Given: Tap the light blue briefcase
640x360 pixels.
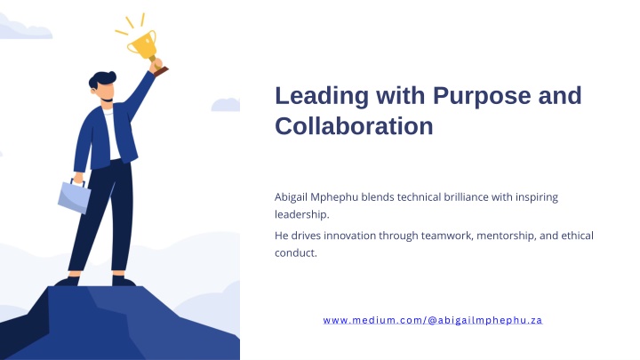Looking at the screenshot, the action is [x=74, y=196].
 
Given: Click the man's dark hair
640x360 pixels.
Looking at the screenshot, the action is [x=101, y=79].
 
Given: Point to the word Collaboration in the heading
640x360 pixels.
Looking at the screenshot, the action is [x=354, y=125].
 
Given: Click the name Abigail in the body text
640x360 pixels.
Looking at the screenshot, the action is [x=291, y=197].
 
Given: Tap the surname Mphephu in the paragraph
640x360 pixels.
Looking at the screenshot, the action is [x=334, y=197].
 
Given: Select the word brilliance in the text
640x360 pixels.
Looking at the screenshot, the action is [x=466, y=196].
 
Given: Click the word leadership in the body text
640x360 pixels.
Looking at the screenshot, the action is [x=301, y=215].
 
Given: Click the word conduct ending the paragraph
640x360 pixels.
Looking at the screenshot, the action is [x=295, y=253].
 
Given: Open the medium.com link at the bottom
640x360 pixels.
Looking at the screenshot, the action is [x=433, y=320].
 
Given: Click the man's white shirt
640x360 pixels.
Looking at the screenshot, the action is [x=111, y=134].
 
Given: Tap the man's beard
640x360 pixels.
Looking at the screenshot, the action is [x=107, y=100].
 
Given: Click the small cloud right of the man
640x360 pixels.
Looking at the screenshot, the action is [x=225, y=105].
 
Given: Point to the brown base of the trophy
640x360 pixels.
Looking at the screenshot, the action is [x=161, y=72].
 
